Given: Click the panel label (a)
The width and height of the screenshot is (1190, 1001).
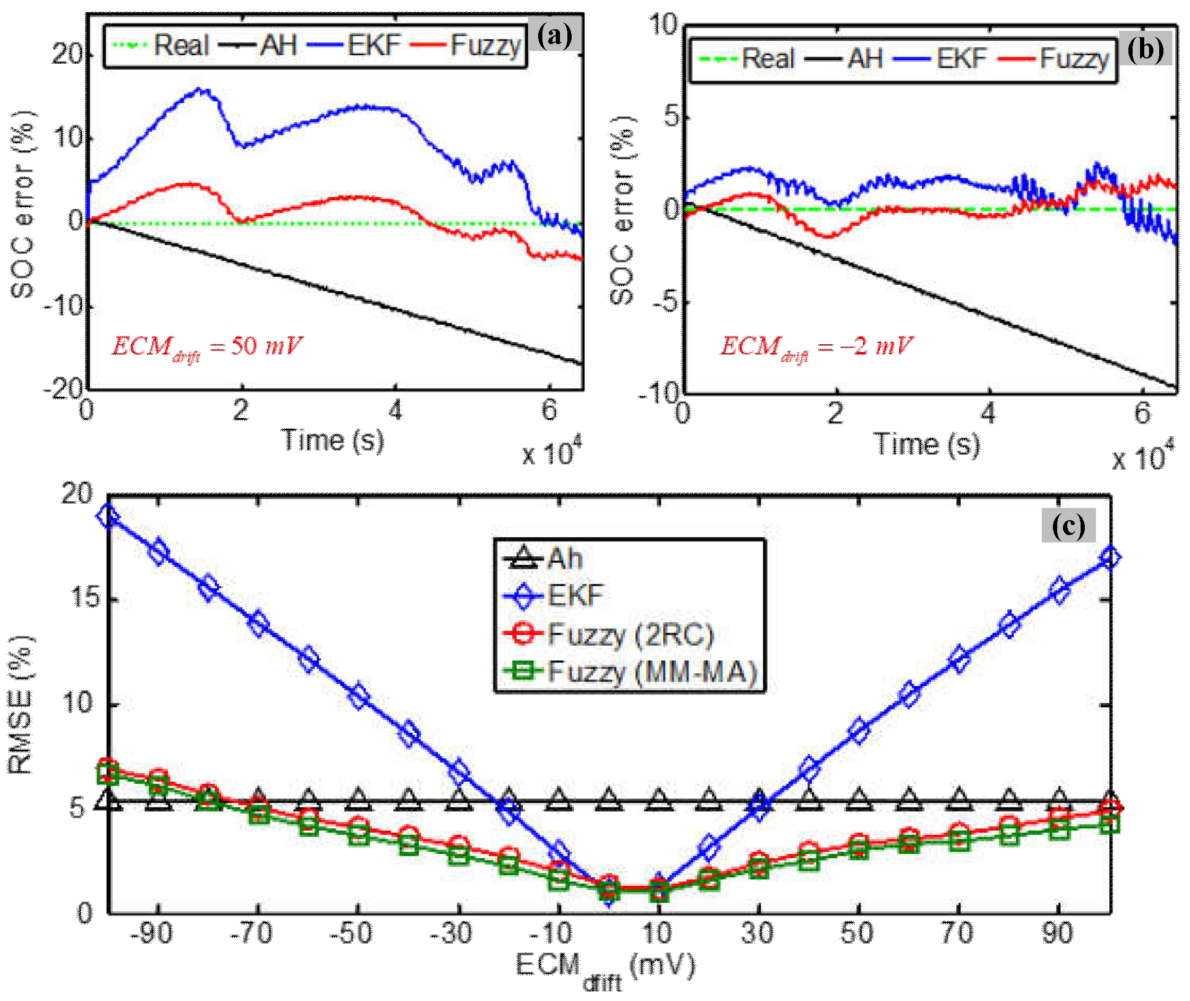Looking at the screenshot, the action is [555, 36].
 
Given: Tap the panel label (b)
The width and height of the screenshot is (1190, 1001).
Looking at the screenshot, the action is [1145, 49].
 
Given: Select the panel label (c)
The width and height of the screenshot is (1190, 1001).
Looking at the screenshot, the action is [1068, 525].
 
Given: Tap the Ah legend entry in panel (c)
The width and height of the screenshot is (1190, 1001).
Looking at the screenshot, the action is [543, 558].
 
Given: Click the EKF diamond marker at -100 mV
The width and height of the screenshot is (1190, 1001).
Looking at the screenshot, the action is [108, 517].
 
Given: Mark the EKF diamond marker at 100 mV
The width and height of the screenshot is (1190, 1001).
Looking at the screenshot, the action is [1110, 557].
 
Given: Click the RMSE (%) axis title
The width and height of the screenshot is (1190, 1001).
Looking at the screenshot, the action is [20, 706].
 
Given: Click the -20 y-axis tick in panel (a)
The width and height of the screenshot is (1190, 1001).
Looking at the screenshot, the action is [64, 389].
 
